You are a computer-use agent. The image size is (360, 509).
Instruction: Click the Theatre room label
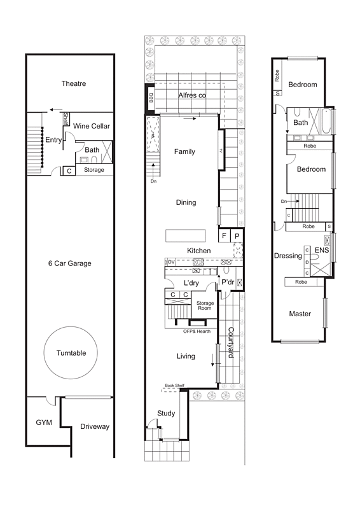click(74, 84)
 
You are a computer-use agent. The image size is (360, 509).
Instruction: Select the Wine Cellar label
click(92, 127)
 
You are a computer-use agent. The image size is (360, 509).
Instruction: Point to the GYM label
click(44, 422)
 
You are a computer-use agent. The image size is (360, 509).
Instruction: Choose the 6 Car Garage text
click(71, 263)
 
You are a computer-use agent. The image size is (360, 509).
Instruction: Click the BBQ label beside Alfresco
click(150, 98)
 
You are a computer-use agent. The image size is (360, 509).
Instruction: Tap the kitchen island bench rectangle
click(186, 235)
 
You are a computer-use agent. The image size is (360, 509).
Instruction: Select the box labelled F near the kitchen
click(224, 236)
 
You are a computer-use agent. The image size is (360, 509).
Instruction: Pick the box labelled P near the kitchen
click(237, 236)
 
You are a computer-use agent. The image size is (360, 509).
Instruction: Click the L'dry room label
click(192, 282)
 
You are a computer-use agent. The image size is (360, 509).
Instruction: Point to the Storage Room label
click(205, 306)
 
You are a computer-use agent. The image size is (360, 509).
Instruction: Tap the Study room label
click(166, 414)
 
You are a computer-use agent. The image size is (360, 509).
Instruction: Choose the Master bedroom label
click(300, 314)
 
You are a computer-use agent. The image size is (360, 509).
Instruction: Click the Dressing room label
click(287, 256)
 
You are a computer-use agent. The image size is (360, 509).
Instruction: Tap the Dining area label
click(186, 203)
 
